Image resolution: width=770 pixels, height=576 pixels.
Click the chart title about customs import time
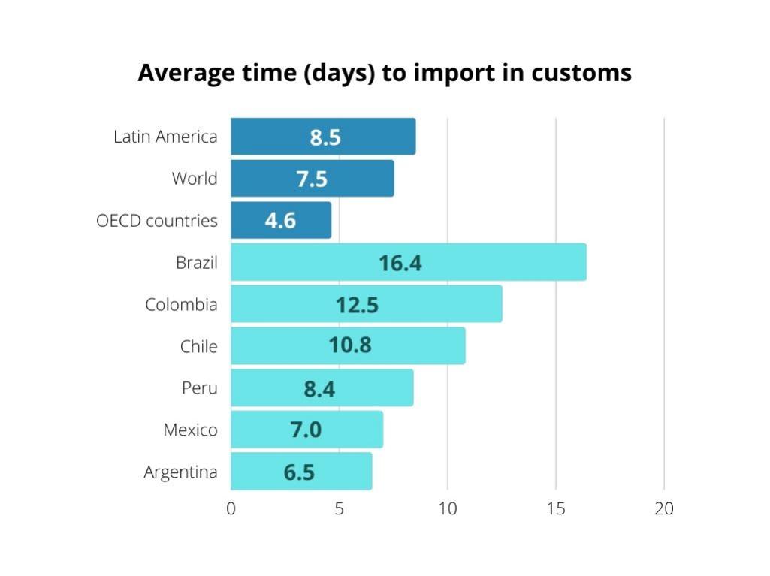point(385,73)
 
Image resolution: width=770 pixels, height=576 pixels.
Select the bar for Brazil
point(408,262)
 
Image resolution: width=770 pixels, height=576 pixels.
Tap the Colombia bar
point(366,304)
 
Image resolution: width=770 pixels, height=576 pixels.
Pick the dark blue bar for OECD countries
point(280,220)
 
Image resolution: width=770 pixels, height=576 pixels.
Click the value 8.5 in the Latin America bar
point(325,137)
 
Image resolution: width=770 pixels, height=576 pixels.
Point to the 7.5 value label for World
point(312,179)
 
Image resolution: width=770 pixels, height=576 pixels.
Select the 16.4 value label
point(400,263)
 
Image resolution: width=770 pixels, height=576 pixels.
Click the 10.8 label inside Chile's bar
point(350,346)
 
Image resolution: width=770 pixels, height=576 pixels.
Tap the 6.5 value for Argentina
point(299,472)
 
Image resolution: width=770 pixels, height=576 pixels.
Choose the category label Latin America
point(165,137)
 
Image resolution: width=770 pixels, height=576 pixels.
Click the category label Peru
point(199,388)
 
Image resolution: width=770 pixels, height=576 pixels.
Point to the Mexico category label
point(190,430)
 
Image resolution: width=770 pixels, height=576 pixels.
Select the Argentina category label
point(180,472)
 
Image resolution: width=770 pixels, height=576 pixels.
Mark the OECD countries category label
point(157,221)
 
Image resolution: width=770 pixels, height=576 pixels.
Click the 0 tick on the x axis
point(231,508)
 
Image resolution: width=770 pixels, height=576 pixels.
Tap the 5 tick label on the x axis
point(339,508)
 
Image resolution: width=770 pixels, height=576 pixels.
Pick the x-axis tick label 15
point(556,508)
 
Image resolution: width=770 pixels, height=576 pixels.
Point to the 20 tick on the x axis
point(664,508)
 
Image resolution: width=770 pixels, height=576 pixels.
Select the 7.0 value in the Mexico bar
point(306,430)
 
